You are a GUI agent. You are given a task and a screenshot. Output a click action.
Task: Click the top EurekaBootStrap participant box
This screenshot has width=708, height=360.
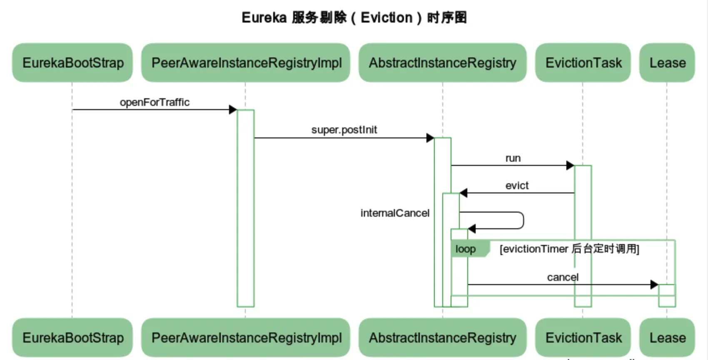pyautogui.click(x=72, y=63)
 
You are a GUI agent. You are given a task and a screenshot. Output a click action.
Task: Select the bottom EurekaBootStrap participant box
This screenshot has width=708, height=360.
pyautogui.click(x=72, y=337)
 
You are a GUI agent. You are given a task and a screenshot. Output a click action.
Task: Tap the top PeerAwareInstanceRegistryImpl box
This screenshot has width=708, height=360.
pyautogui.click(x=246, y=63)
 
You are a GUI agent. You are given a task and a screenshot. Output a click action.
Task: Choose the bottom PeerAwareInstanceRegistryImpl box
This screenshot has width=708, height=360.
pyautogui.click(x=246, y=337)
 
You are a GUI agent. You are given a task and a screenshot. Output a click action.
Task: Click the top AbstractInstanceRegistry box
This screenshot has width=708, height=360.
pyautogui.click(x=442, y=63)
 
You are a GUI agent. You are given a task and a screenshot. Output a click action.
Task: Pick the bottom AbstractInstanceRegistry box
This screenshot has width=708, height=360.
pyautogui.click(x=442, y=337)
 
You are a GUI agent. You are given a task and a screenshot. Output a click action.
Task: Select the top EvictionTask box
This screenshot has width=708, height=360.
pyautogui.click(x=583, y=63)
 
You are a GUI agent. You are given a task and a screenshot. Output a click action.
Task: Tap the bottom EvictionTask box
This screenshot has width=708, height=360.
pyautogui.click(x=583, y=337)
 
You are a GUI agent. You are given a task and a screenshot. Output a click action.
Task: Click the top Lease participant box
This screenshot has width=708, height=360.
pyautogui.click(x=667, y=63)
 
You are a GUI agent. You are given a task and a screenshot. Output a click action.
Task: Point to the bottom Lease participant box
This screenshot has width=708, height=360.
pyautogui.click(x=667, y=337)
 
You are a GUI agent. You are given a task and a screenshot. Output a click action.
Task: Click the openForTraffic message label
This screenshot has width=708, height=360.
pyautogui.click(x=155, y=102)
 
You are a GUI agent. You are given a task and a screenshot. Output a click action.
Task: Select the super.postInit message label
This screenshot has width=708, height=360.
pyautogui.click(x=344, y=130)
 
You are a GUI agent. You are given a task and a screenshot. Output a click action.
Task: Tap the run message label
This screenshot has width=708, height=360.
pyautogui.click(x=513, y=158)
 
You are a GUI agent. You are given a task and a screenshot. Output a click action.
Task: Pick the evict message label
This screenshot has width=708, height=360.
pyautogui.click(x=517, y=185)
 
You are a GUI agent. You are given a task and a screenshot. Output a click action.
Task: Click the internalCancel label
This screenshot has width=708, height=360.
pyautogui.click(x=395, y=213)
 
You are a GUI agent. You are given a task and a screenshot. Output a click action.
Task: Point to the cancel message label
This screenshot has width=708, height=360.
pyautogui.click(x=563, y=277)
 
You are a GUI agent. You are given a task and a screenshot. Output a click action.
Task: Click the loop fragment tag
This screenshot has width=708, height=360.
pyautogui.click(x=466, y=249)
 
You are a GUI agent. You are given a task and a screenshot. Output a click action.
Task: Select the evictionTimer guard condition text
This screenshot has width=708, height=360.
pyautogui.click(x=569, y=249)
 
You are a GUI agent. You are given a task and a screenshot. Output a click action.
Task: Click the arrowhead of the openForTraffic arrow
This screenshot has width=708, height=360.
pyautogui.click(x=233, y=110)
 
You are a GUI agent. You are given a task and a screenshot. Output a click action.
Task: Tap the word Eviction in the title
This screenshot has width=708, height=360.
pyautogui.click(x=386, y=17)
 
